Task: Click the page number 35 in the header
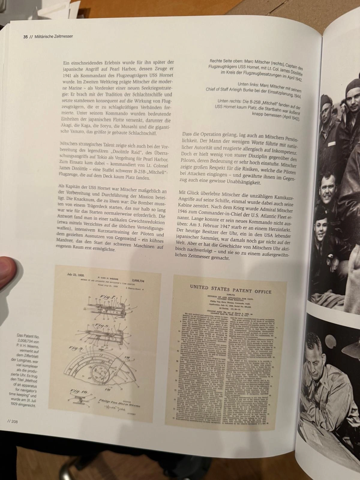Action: [25, 37]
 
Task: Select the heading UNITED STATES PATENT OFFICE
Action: [230, 289]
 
